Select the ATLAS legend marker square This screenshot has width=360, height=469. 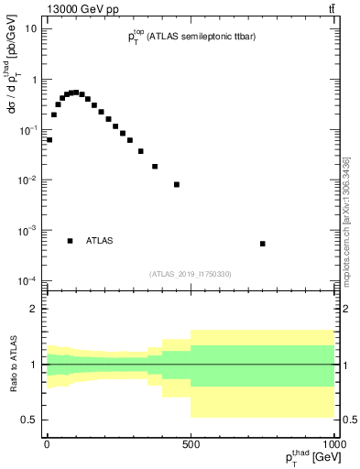tap(71, 241)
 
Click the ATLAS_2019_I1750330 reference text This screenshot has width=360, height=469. tap(191, 274)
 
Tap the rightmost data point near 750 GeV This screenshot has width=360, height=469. tap(263, 244)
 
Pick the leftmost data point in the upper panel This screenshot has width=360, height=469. tap(49, 140)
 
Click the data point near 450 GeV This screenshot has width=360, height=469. tap(177, 185)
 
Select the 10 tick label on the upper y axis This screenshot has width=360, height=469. tap(30, 28)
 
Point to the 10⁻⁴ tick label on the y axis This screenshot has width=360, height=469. tap(28, 280)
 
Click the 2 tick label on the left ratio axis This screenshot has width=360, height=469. tap(35, 309)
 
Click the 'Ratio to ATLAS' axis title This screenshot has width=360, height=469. tap(14, 364)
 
